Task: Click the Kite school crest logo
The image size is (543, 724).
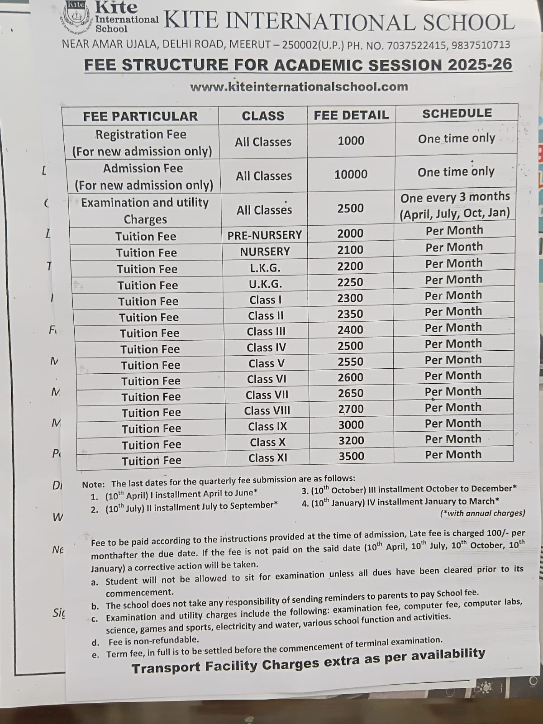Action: click(x=76, y=17)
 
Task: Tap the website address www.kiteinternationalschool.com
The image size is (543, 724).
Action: click(x=299, y=86)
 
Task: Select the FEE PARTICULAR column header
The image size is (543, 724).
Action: click(x=140, y=116)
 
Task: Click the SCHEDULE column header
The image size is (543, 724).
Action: click(x=457, y=113)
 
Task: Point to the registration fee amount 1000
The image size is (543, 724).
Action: click(x=351, y=141)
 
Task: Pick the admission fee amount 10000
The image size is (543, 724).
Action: click(x=351, y=174)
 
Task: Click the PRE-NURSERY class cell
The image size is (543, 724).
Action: click(x=265, y=235)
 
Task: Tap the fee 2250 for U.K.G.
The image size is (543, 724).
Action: click(x=350, y=282)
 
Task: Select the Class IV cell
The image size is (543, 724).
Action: click(x=267, y=348)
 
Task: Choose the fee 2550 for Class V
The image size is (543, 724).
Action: click(x=351, y=362)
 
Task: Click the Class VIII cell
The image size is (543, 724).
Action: click(x=267, y=411)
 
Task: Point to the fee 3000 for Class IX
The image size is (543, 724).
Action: click(x=351, y=424)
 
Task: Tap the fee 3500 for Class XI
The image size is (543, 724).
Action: click(x=352, y=456)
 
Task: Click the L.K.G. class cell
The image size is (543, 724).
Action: click(x=265, y=268)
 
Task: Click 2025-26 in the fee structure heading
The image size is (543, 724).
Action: click(x=480, y=65)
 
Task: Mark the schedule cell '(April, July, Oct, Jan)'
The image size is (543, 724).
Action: click(x=454, y=213)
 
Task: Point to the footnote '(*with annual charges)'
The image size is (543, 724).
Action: click(x=482, y=513)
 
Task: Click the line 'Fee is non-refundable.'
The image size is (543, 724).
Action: click(x=153, y=640)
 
